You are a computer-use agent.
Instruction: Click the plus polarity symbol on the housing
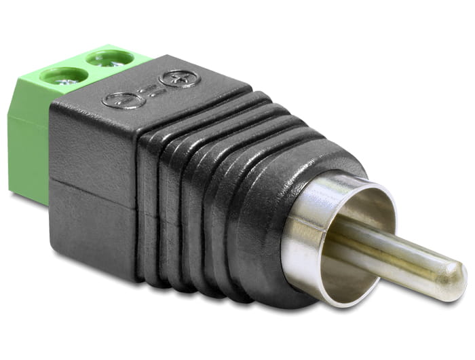[x=179, y=79]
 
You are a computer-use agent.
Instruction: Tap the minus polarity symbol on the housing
[x=123, y=101]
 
